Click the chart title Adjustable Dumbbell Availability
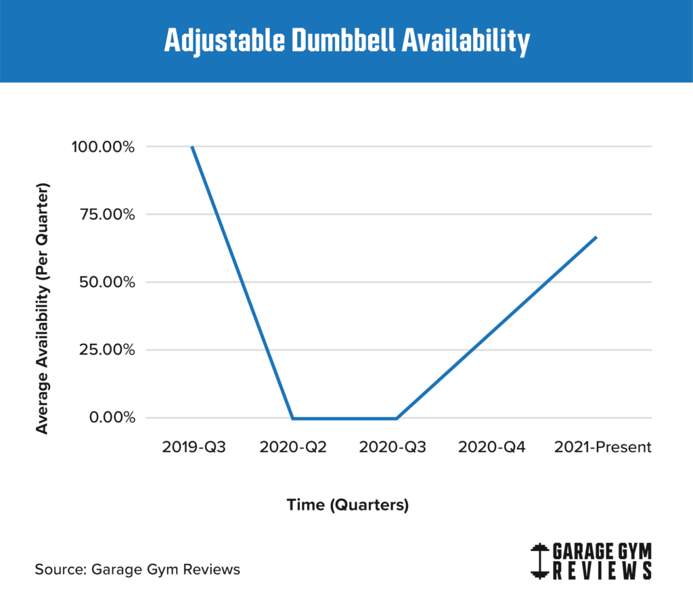(x=346, y=42)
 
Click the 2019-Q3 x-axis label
(x=193, y=447)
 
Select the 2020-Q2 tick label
(x=293, y=447)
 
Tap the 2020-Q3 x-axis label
(x=393, y=447)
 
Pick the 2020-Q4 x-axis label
(x=492, y=447)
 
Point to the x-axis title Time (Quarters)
(x=347, y=505)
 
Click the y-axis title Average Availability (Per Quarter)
(x=43, y=308)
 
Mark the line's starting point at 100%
(x=193, y=147)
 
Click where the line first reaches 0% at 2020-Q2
(x=292, y=418)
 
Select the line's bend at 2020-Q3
(x=396, y=418)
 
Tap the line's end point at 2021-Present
(x=596, y=237)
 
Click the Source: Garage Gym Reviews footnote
(x=137, y=569)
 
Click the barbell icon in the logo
(x=539, y=561)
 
